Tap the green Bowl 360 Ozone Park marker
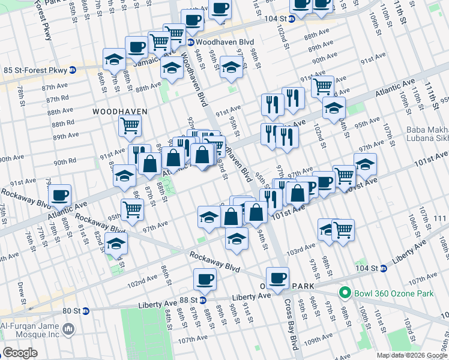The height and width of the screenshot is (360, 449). point(344,293)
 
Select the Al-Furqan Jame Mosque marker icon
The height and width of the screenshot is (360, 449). point(68,329)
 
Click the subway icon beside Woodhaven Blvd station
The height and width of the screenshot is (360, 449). point(190,42)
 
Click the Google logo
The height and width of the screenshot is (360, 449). point(21,352)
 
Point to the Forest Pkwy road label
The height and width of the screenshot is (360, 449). point(46,24)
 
